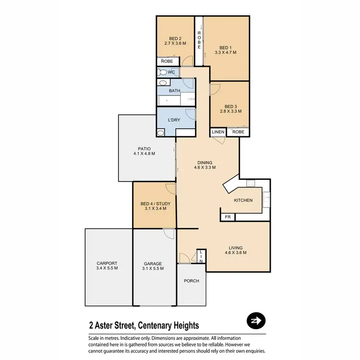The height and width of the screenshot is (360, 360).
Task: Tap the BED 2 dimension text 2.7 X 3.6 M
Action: point(175,43)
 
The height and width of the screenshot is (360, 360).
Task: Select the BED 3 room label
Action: point(231,106)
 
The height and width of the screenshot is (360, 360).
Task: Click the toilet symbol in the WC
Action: point(163,72)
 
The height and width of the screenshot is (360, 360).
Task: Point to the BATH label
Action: point(174,91)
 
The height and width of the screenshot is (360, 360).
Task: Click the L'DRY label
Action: point(173,120)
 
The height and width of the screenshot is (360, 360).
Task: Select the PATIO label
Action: point(144,149)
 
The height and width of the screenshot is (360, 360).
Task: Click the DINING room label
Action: point(204,162)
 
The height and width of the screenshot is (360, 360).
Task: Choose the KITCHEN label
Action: point(243,200)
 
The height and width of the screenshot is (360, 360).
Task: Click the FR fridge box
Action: point(228,217)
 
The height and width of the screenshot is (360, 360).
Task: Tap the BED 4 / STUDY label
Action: point(151,204)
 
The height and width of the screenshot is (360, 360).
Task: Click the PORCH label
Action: point(191,281)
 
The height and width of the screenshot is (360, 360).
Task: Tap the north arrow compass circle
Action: point(255,321)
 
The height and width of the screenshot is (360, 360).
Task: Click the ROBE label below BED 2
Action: point(167,61)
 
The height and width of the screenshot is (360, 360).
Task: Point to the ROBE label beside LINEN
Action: point(239,132)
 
